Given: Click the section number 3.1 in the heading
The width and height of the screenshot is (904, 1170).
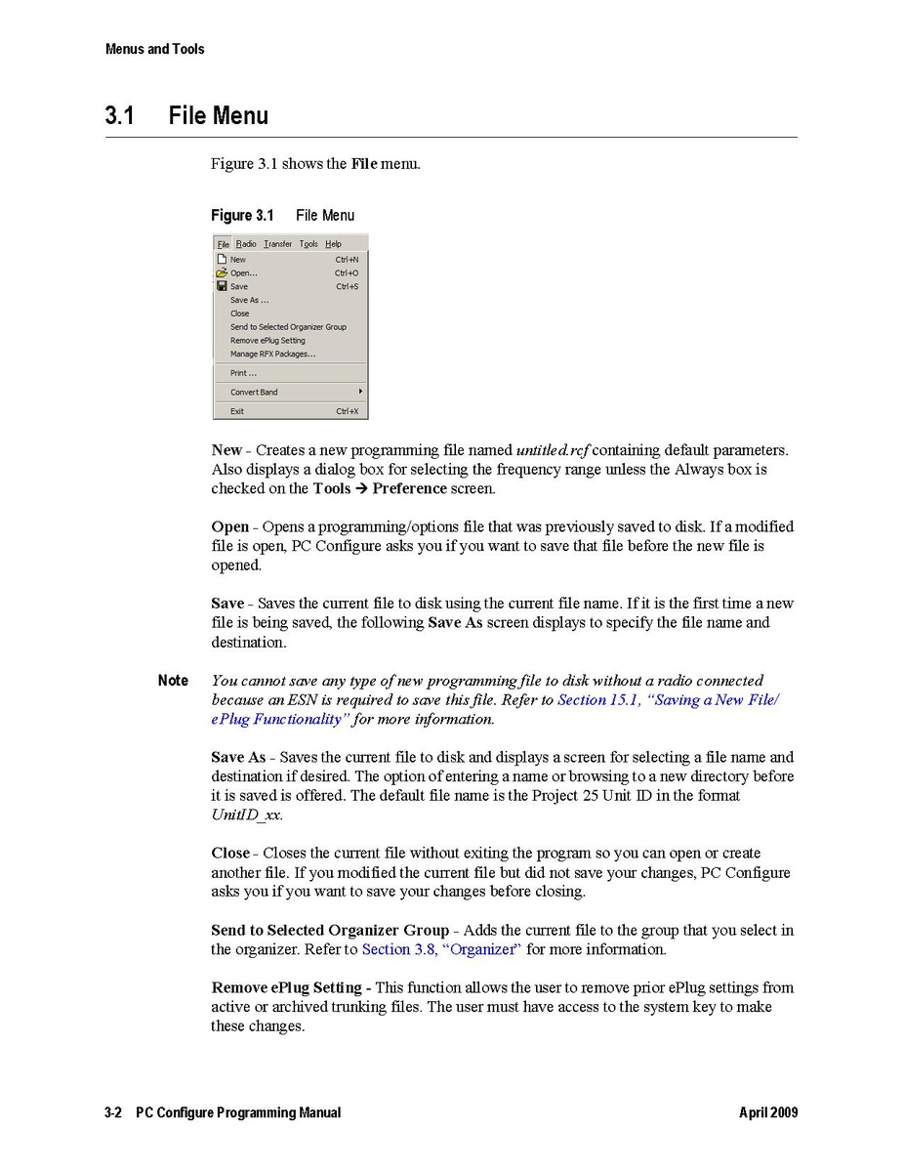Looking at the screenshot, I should (119, 116).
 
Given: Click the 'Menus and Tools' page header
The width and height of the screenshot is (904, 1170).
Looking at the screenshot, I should (154, 49).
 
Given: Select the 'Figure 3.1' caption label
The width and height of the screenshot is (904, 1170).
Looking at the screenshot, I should (242, 215).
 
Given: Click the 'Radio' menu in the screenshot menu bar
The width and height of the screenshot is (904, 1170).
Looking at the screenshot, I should (246, 244).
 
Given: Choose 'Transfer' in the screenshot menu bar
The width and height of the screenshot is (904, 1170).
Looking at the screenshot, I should (277, 244).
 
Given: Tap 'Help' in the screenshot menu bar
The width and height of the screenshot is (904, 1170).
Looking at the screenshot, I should (333, 244).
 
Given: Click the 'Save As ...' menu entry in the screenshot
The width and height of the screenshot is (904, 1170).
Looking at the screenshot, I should (249, 301).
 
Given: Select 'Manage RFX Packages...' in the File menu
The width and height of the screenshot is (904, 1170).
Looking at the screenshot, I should (272, 355).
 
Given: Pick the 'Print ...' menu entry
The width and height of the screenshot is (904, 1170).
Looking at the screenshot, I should (243, 373).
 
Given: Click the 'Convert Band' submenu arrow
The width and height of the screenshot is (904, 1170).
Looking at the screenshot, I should (360, 392).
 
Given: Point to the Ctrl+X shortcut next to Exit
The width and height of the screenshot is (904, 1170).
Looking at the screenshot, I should (347, 412).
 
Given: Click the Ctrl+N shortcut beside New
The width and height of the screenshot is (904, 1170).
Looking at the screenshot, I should (347, 260).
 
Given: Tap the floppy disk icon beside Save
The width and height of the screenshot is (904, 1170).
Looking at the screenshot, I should (222, 287).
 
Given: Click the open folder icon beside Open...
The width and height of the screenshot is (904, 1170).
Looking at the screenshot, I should (222, 273).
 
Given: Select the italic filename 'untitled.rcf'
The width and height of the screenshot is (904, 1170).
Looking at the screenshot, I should (552, 450).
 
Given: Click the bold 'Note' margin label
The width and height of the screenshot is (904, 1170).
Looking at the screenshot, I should (173, 681).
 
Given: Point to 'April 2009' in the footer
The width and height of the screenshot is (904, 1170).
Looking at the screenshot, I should (768, 1113).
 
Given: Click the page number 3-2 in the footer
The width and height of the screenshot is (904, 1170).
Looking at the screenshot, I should (113, 1113).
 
